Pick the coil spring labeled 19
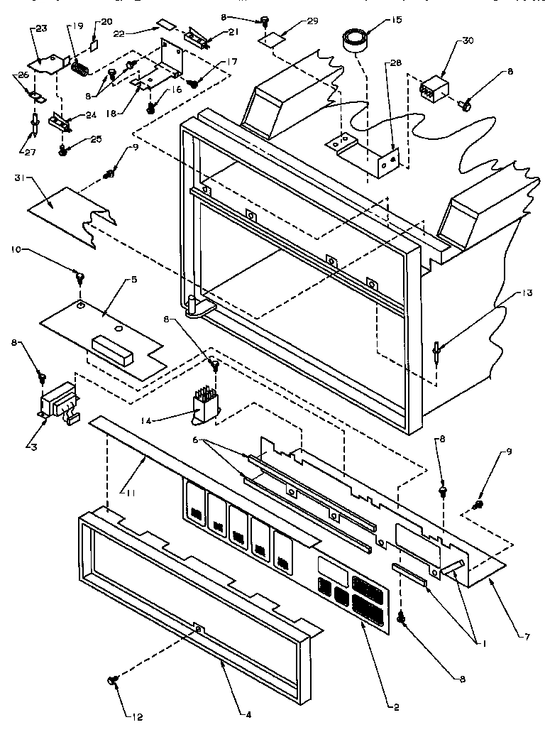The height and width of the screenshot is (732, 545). pos(81,70)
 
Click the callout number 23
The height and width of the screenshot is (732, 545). pos(40,29)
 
